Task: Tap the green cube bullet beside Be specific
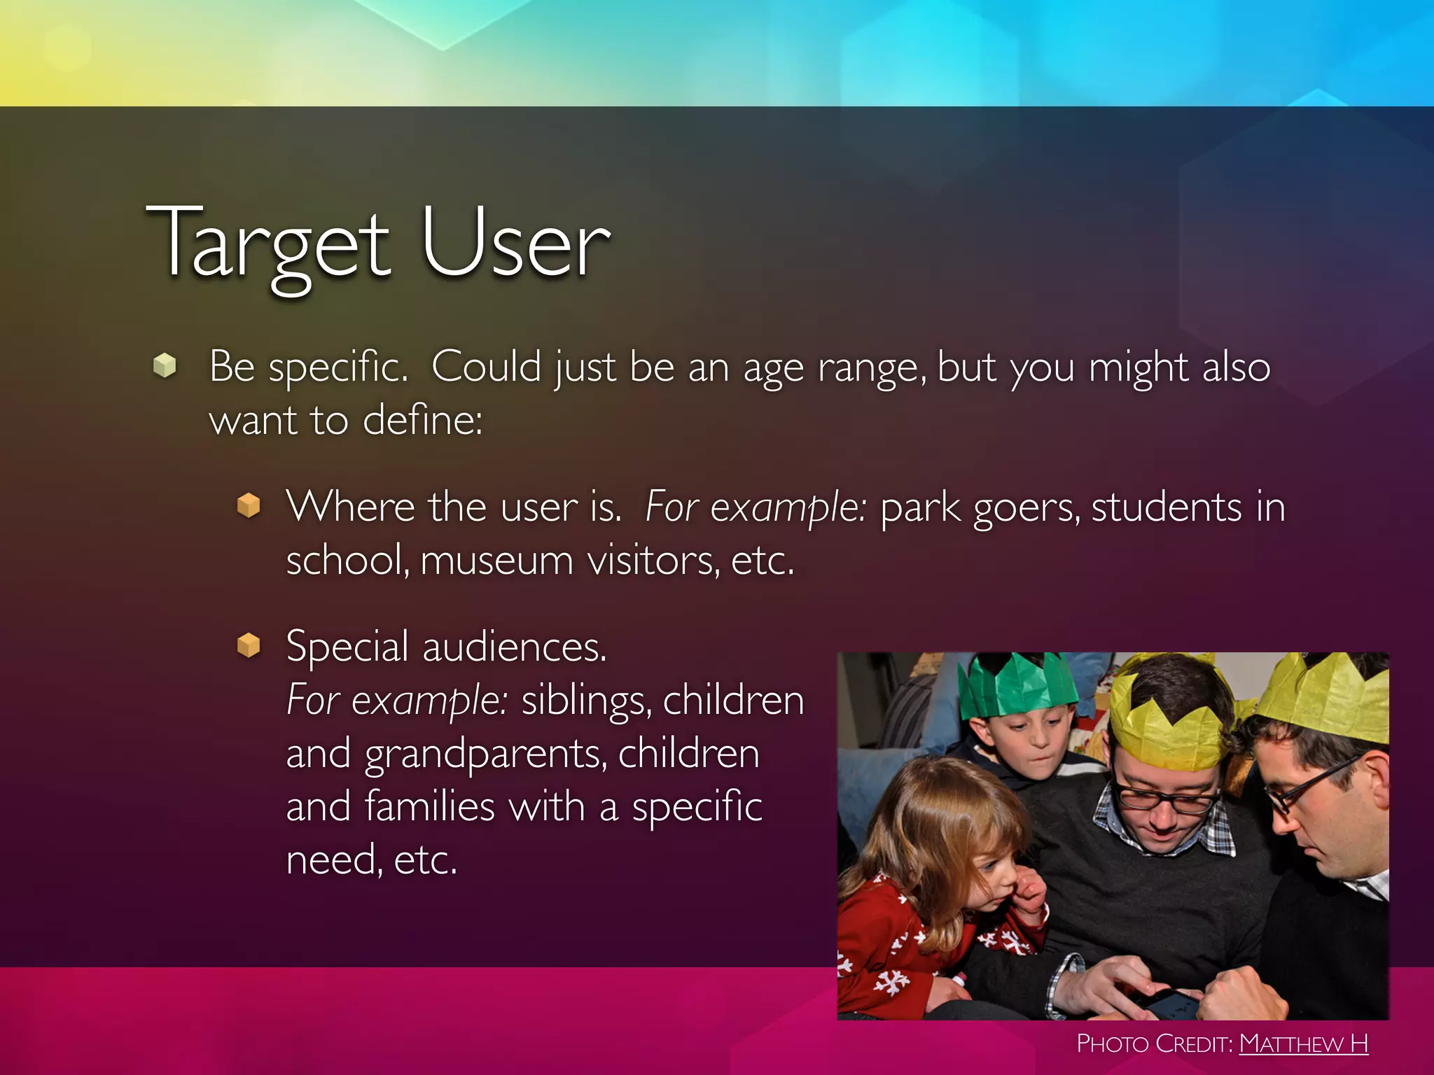(x=165, y=365)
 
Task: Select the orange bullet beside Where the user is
(x=249, y=505)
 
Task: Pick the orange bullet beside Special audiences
(x=249, y=645)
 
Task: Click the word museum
(x=496, y=561)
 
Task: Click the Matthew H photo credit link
(x=1303, y=1044)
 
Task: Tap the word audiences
(x=514, y=647)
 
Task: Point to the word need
(x=333, y=860)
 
